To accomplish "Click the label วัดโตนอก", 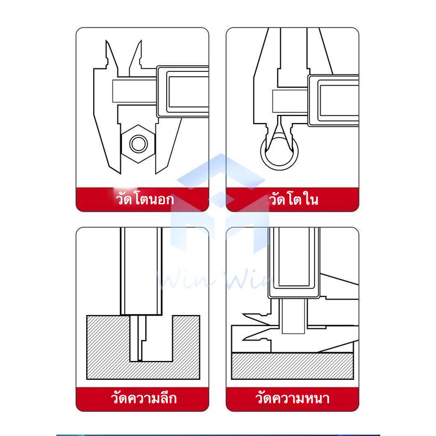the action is click(145, 199).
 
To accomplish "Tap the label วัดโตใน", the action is click(294, 199).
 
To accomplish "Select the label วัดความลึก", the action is click(143, 397).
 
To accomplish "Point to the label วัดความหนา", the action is click(293, 398).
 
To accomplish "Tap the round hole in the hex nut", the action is click(137, 143).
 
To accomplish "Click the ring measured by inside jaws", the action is click(279, 166).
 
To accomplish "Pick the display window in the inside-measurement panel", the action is click(338, 100).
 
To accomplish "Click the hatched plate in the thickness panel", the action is click(293, 366).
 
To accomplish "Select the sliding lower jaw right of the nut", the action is click(168, 145).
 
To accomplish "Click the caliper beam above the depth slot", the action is click(141, 271).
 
